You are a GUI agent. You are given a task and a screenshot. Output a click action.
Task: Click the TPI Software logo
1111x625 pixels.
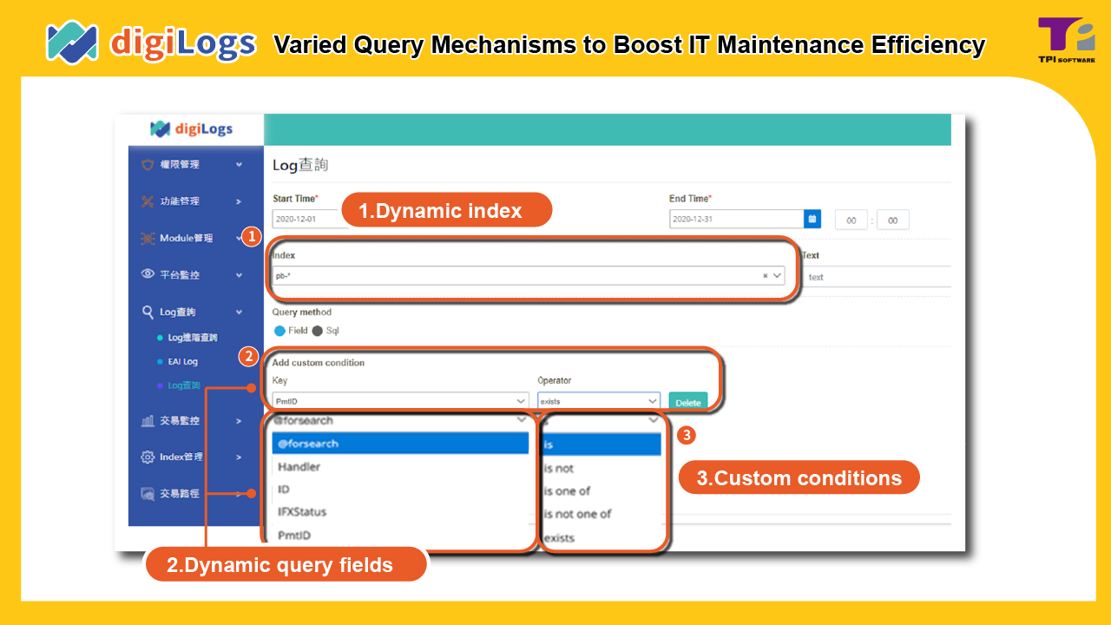click(x=1066, y=40)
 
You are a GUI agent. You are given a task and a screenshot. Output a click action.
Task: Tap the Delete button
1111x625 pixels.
click(x=687, y=402)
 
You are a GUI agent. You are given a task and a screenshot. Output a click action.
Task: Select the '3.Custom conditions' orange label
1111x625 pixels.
click(x=799, y=477)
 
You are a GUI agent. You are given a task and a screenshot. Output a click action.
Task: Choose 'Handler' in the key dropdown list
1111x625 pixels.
click(x=299, y=467)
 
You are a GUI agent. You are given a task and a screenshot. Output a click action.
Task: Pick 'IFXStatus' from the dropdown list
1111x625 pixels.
click(x=302, y=512)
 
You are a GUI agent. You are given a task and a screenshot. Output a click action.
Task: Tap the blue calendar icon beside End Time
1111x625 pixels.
click(x=812, y=220)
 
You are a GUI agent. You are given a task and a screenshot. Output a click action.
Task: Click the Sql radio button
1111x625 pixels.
click(x=318, y=331)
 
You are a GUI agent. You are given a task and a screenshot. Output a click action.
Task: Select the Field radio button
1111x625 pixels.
click(x=279, y=331)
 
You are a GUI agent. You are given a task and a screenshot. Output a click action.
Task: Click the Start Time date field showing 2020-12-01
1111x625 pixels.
click(x=304, y=220)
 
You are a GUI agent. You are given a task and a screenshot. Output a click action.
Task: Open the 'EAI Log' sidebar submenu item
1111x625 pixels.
click(x=182, y=362)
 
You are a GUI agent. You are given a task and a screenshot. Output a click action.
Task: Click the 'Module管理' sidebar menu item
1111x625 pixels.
click(x=186, y=238)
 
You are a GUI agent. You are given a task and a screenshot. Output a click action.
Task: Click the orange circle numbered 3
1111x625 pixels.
click(x=686, y=435)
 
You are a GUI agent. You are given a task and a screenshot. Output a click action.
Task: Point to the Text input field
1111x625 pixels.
click(x=877, y=277)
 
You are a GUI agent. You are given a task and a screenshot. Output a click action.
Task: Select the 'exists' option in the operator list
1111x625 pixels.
click(x=560, y=538)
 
